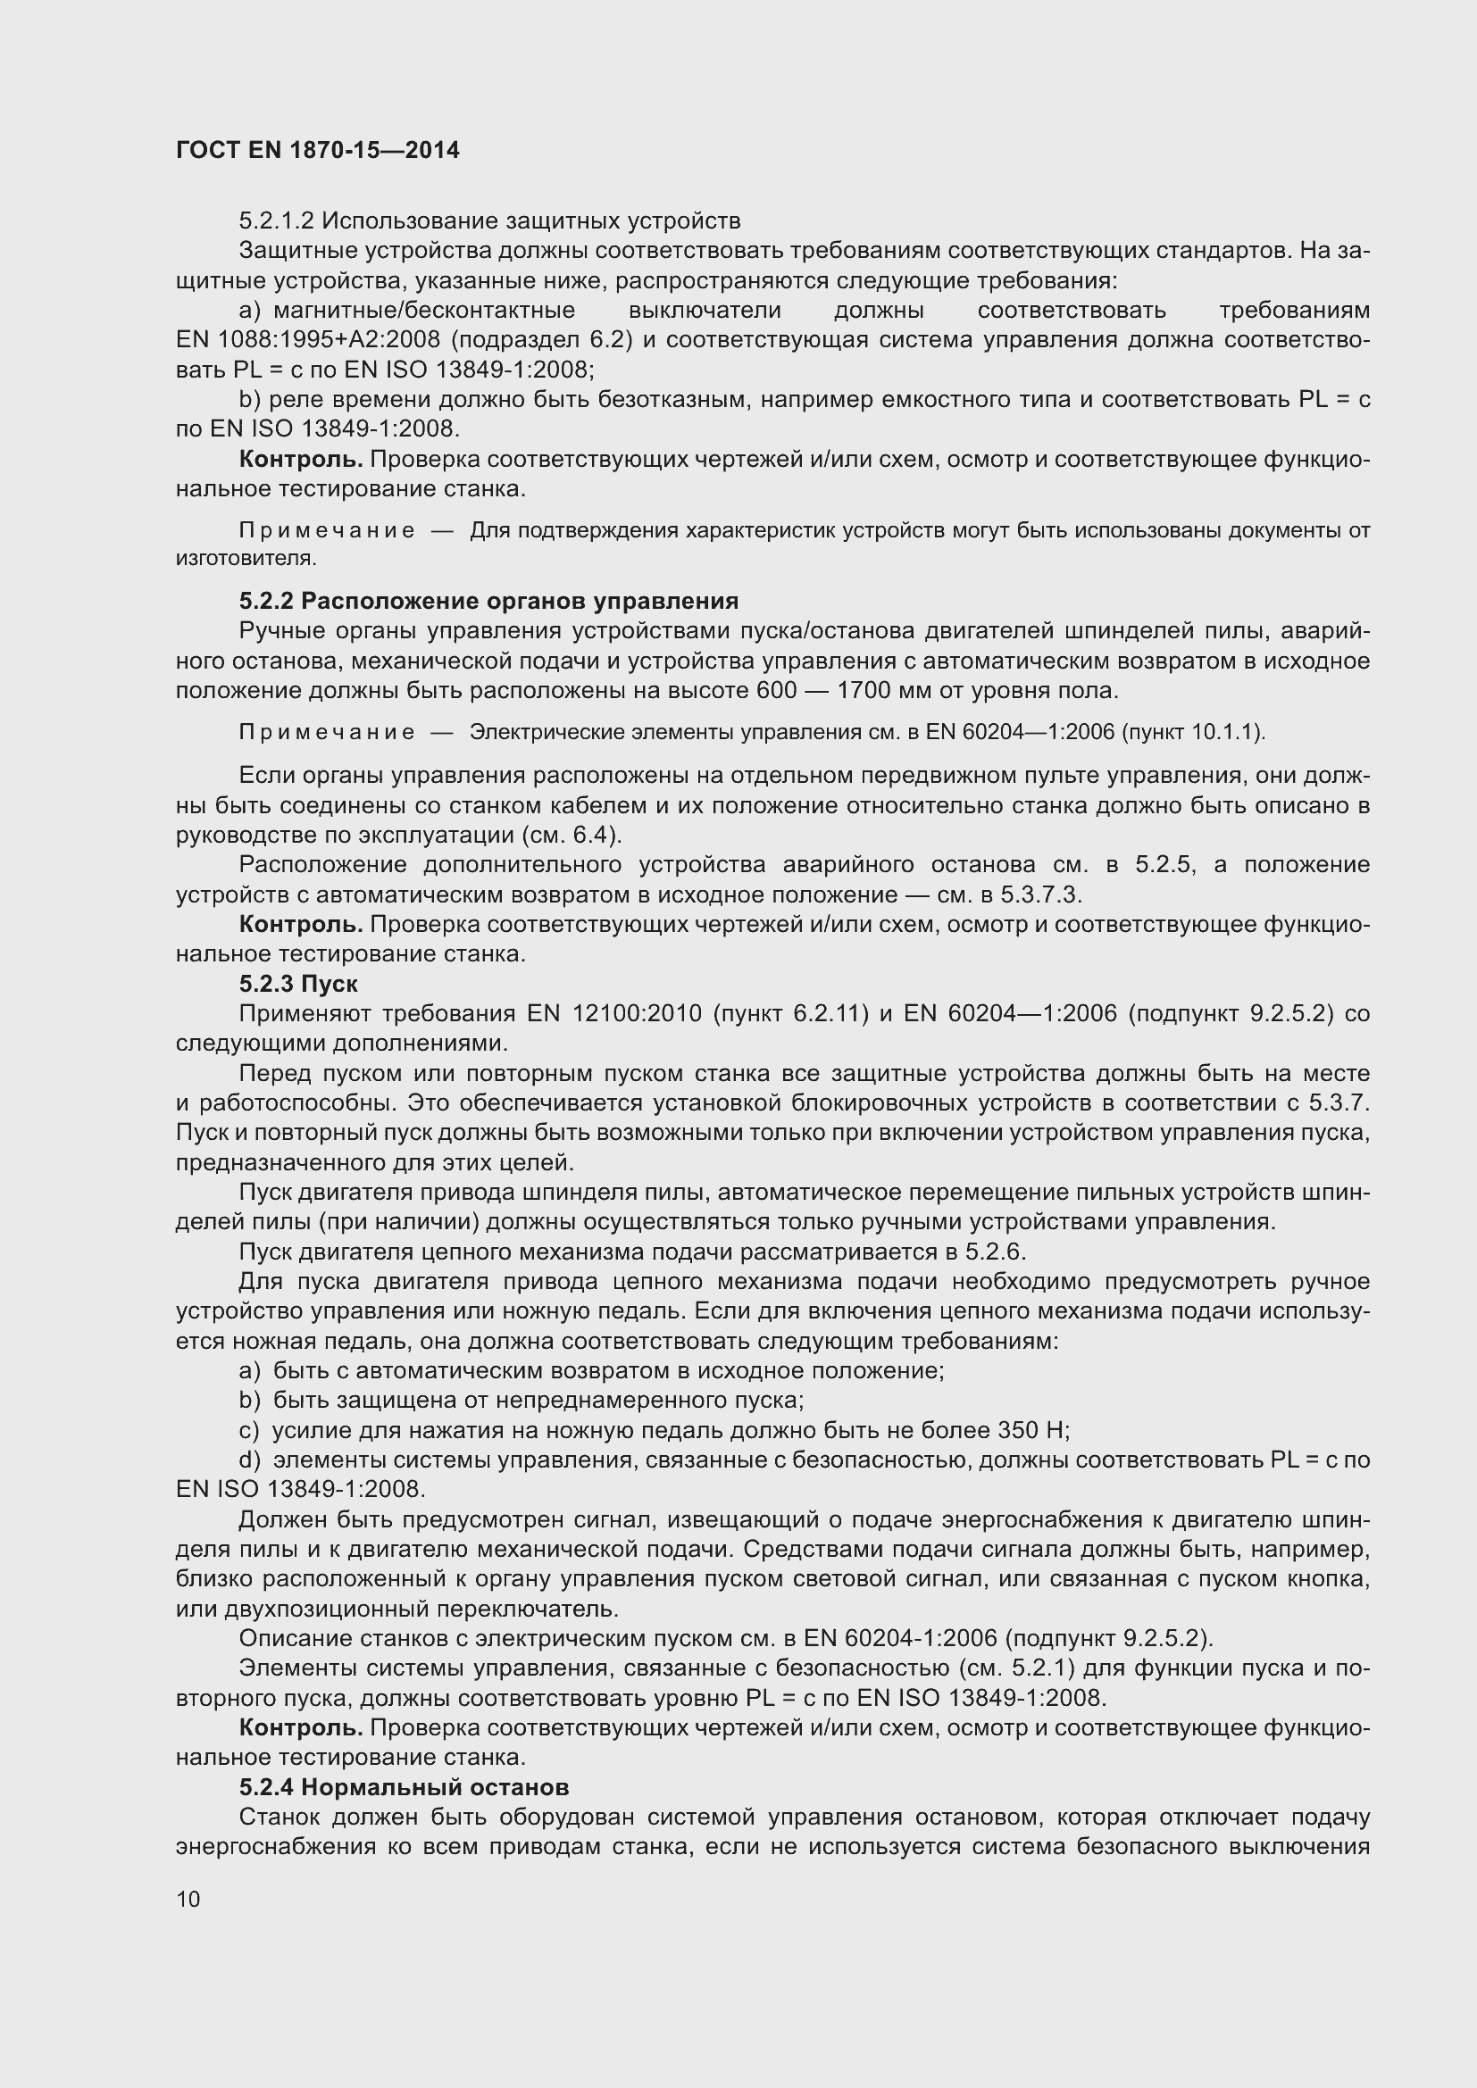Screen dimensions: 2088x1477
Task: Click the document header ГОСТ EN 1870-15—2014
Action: click(x=317, y=150)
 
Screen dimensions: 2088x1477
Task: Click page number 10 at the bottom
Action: click(x=188, y=1899)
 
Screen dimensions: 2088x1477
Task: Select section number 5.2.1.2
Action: click(x=276, y=221)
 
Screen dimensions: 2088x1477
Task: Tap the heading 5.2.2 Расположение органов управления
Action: click(x=488, y=601)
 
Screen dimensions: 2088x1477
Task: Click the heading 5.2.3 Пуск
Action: click(x=298, y=984)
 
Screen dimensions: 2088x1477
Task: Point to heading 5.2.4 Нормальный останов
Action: click(x=404, y=1787)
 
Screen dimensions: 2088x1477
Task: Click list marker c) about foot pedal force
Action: click(x=249, y=1430)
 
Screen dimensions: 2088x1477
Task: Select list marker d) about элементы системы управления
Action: click(x=249, y=1460)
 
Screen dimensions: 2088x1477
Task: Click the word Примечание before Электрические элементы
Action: click(x=327, y=732)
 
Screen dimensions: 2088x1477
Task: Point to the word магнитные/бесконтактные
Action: click(x=424, y=310)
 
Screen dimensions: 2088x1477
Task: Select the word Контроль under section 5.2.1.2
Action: click(x=300, y=459)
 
